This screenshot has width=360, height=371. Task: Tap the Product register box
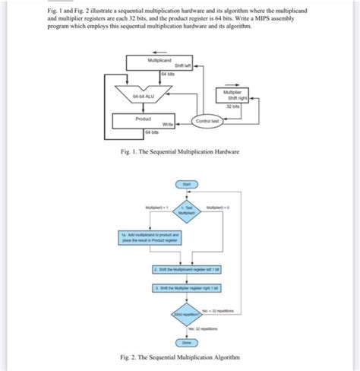[142, 120]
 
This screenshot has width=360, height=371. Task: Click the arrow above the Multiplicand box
[156, 49]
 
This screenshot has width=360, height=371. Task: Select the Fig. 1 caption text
[179, 152]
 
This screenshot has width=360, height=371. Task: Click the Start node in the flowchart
[186, 184]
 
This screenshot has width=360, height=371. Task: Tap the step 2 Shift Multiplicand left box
[186, 269]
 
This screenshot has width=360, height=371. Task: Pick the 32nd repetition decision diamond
[186, 314]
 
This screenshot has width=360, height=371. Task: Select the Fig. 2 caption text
[179, 357]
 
